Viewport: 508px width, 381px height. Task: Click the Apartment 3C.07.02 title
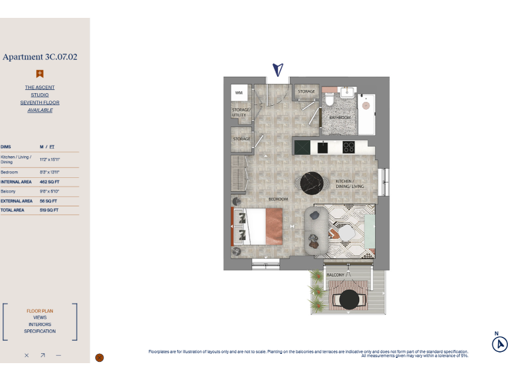40,57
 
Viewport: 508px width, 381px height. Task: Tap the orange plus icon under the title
40,74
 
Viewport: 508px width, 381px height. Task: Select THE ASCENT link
40,87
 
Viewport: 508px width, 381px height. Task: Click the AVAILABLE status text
40,110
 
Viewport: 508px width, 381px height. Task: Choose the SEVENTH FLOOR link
40,103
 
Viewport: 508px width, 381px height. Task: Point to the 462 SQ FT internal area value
49,181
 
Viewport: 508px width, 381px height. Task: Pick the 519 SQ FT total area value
49,210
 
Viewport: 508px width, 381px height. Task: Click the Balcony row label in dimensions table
8,191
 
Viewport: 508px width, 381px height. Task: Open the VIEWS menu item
40,317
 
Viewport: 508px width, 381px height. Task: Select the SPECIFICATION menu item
40,331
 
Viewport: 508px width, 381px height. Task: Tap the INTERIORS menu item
40,325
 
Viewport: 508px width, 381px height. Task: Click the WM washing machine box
239,93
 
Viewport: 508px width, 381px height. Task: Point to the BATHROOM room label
340,117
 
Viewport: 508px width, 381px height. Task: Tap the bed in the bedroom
258,226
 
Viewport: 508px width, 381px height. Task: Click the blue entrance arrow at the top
278,69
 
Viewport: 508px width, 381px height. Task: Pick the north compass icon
499,344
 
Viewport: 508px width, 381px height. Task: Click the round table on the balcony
349,300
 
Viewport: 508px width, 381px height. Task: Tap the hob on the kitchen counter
349,147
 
